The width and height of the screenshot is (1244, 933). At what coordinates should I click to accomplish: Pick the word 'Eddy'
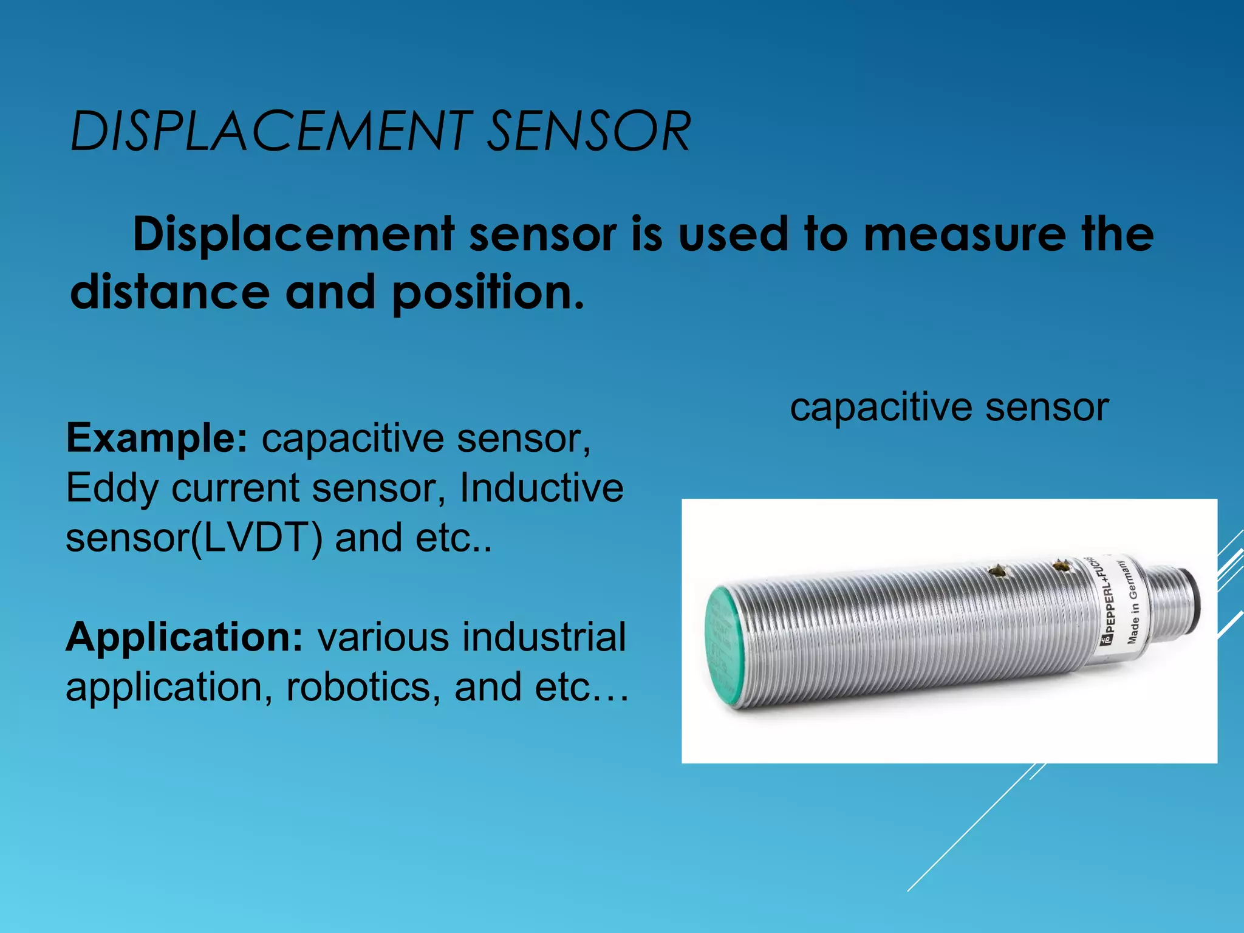click(x=112, y=489)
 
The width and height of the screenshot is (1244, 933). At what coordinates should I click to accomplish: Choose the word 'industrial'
click(x=544, y=637)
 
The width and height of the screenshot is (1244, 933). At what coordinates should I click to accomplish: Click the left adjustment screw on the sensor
click(x=996, y=571)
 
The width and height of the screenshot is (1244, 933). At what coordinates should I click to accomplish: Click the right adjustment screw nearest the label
click(x=1061, y=566)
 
